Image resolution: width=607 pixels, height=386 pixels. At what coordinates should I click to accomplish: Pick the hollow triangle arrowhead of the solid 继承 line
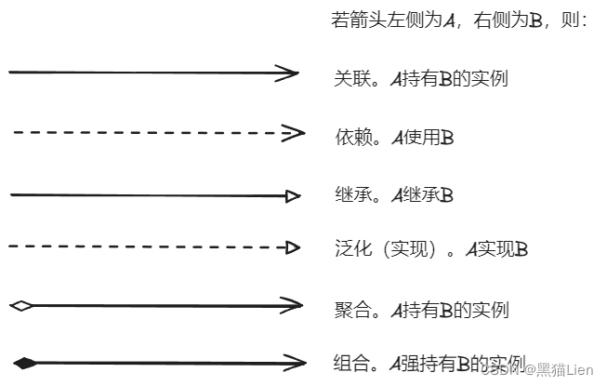tap(293, 195)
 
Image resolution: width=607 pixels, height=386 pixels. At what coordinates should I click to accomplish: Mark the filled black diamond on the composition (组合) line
tap(25, 362)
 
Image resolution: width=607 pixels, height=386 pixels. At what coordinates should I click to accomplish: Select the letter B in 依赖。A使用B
tap(447, 139)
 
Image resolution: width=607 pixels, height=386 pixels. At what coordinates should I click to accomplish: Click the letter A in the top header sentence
tap(449, 20)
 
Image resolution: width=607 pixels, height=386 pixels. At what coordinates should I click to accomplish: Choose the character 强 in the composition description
tap(410, 362)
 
